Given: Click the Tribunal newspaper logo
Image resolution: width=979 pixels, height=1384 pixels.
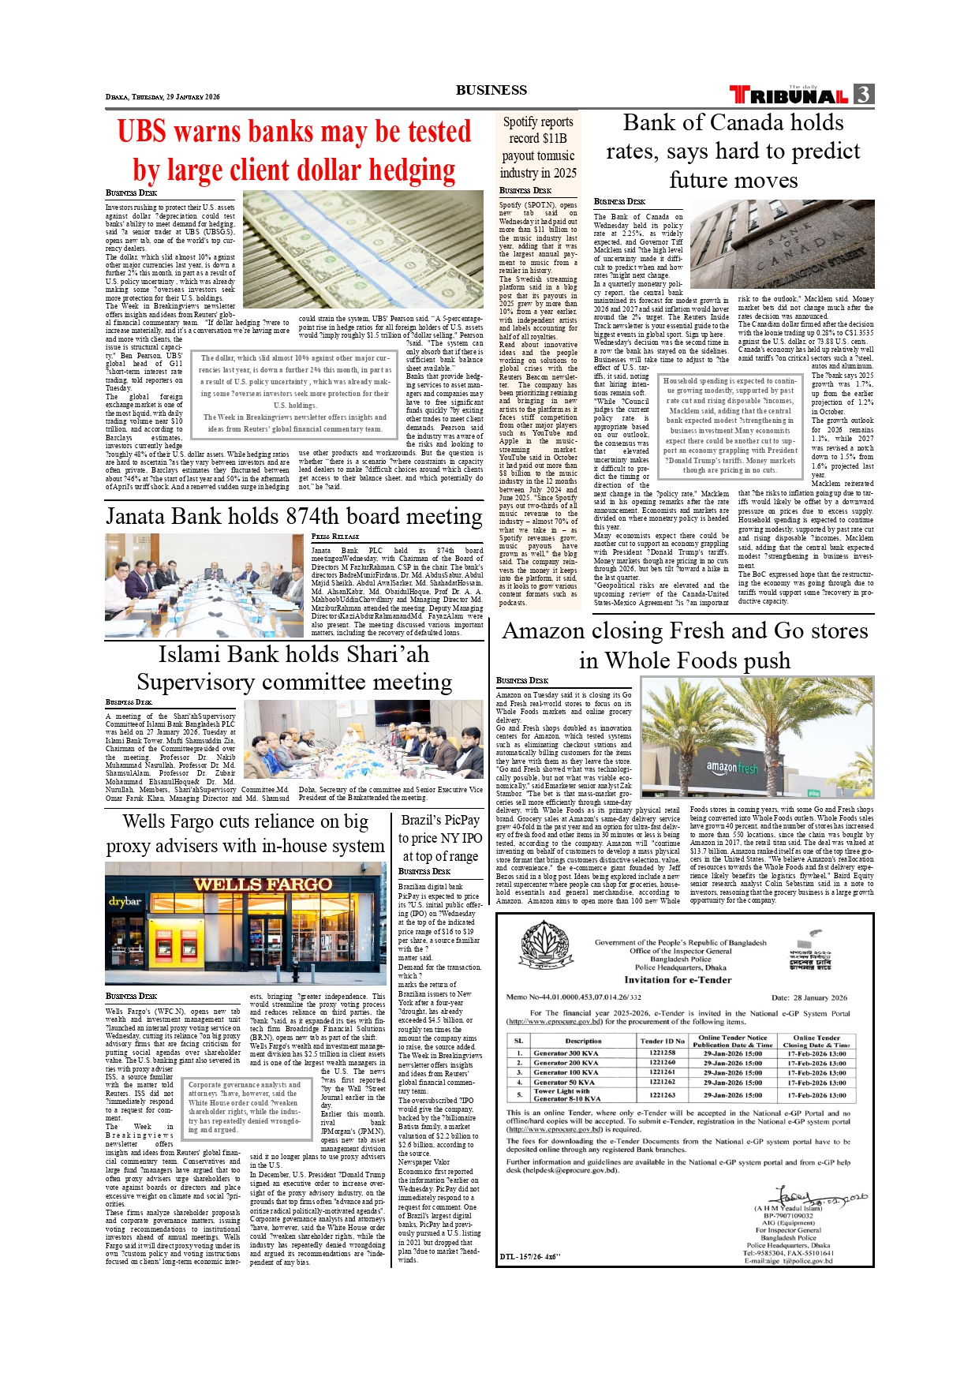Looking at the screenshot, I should pos(789,95).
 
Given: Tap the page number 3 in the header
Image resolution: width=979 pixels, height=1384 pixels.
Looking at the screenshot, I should pos(864,95).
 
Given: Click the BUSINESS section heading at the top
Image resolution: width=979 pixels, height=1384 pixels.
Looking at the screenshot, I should pos(491,90).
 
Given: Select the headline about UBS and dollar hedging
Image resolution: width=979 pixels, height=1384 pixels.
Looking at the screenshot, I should pos(293,151).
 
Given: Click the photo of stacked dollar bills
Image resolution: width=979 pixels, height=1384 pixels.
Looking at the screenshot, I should pos(363,249).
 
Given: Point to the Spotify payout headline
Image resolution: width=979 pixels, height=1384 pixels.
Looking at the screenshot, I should pos(538,148).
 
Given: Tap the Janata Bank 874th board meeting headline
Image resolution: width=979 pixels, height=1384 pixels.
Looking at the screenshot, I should pos(293,516).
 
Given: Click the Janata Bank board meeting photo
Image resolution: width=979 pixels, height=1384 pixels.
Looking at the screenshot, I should pos(204,585).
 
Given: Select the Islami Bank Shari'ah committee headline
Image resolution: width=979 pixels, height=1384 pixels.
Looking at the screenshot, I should pos(293,668).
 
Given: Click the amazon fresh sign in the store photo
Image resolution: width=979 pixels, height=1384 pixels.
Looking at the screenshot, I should pos(731,767).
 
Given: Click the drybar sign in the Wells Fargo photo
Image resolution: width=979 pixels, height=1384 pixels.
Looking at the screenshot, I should pos(125,901).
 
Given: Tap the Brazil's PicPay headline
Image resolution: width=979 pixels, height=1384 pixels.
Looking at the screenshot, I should pos(440,838).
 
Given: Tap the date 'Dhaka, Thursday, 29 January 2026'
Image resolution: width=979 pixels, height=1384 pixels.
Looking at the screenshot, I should pos(163,97).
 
